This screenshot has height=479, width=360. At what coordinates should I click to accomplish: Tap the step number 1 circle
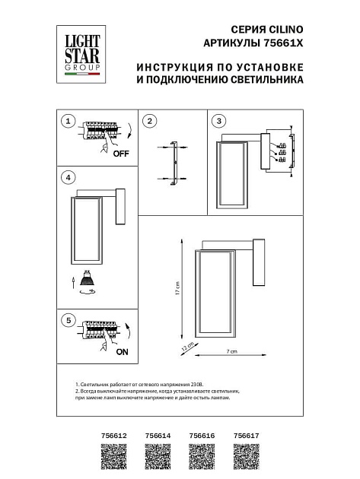point(68,121)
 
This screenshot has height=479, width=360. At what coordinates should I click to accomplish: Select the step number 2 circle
point(150,121)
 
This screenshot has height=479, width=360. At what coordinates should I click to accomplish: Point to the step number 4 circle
point(68,178)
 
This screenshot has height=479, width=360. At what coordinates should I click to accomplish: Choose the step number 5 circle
point(68,320)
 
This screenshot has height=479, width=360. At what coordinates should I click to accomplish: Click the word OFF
point(121,154)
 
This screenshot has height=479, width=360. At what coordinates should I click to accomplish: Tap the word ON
point(121,352)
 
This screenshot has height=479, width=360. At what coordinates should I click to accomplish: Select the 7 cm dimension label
point(233,351)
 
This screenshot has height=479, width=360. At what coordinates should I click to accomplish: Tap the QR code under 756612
point(113,461)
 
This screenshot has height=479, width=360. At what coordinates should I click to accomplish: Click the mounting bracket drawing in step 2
point(174,163)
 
